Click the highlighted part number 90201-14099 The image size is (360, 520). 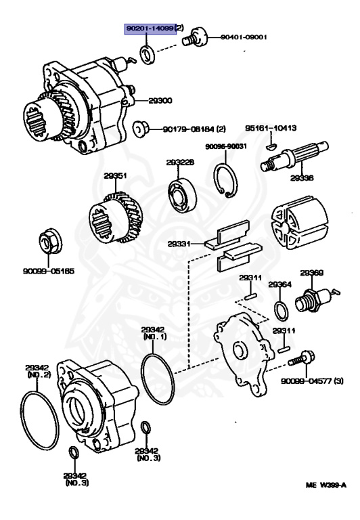tap(149, 28)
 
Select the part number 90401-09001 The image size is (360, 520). tap(243, 37)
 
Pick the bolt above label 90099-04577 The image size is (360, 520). tap(304, 355)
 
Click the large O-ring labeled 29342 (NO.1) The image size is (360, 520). tap(158, 376)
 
